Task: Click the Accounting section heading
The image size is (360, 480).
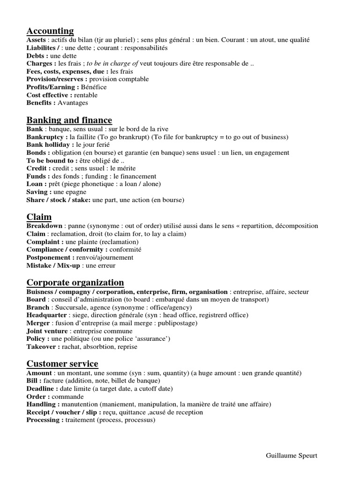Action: [50, 31]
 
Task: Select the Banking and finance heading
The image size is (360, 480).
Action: [69, 120]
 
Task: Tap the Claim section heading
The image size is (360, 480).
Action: [39, 217]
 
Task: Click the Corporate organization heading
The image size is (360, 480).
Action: [75, 282]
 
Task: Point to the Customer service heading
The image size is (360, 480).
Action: [62, 364]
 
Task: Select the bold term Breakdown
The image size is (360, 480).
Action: [45, 226]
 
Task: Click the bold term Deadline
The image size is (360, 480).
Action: [41, 389]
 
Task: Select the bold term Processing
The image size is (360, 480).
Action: [44, 420]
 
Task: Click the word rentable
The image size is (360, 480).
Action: [86, 95]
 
